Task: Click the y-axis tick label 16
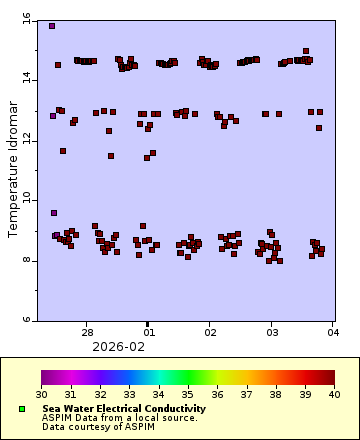pyautogui.click(x=26, y=20)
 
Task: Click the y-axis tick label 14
pyautogui.click(x=26, y=80)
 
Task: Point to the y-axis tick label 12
pyautogui.click(x=26, y=140)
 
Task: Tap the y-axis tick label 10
pyautogui.click(x=26, y=200)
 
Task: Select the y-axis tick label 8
pyautogui.click(x=28, y=260)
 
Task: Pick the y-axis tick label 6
pyautogui.click(x=28, y=320)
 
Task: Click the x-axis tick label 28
pyautogui.click(x=88, y=331)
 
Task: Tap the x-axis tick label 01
pyautogui.click(x=149, y=331)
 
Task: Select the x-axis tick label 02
pyautogui.click(x=210, y=331)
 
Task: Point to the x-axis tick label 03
pyautogui.click(x=271, y=331)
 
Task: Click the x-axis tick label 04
pyautogui.click(x=332, y=331)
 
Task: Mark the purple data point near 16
pyautogui.click(x=52, y=26)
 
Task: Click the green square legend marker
pyautogui.click(x=21, y=409)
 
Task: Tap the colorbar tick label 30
pyautogui.click(x=42, y=394)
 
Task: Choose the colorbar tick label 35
pyautogui.click(x=188, y=394)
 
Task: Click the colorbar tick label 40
pyautogui.click(x=334, y=394)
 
